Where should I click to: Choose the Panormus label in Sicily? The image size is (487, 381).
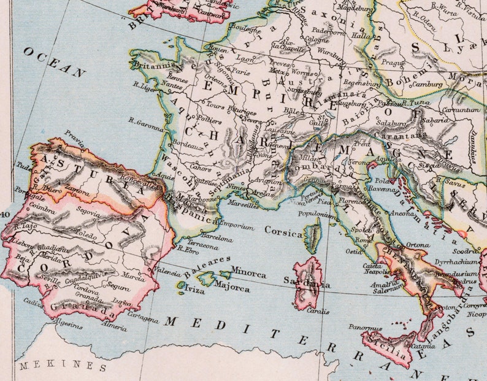coord(361,328)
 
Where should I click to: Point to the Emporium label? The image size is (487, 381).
coord(236,227)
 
